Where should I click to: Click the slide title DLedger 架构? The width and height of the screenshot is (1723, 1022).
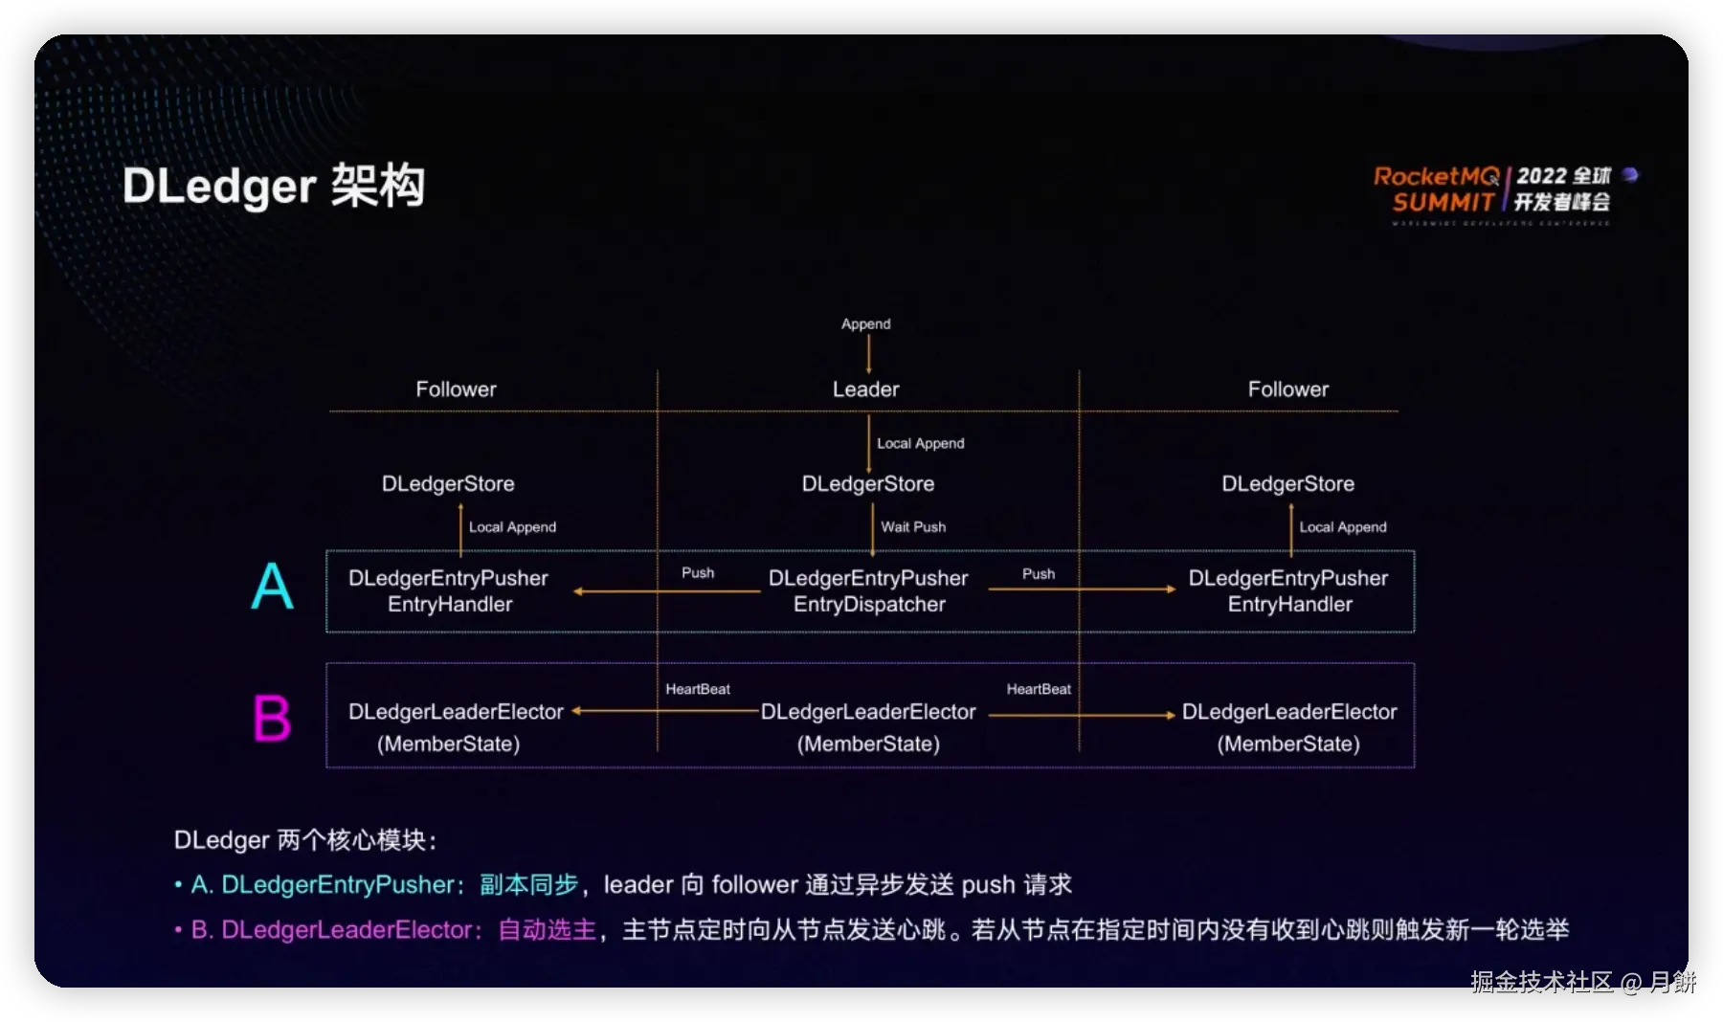pos(274,186)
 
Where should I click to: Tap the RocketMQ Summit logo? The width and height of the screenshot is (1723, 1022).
pos(1502,189)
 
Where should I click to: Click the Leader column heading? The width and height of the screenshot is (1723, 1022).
pos(865,389)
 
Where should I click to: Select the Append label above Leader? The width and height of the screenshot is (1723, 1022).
pos(865,324)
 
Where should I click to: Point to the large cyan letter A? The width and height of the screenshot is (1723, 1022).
pos(272,587)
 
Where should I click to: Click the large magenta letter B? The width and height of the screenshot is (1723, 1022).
pos(272,719)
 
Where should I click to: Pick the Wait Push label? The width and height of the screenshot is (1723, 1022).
pos(913,527)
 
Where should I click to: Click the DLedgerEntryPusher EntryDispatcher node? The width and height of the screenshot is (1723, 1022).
pos(868,591)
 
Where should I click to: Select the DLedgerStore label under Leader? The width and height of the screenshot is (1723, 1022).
pos(867,484)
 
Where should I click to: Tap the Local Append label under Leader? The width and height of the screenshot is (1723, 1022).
pos(920,444)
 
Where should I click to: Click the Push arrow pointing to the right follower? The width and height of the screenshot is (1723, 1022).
pos(1082,589)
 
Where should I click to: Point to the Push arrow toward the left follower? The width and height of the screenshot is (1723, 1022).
pos(667,591)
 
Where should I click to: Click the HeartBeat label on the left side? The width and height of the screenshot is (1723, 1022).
pos(698,689)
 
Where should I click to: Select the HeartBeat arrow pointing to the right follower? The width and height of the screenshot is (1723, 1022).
pos(1082,715)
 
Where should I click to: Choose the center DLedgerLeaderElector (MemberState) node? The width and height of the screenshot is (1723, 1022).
pos(868,727)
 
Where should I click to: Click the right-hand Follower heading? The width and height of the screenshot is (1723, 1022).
pos(1287,389)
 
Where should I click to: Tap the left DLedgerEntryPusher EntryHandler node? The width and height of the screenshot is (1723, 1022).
pos(449,591)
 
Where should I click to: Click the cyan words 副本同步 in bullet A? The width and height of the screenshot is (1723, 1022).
pos(529,884)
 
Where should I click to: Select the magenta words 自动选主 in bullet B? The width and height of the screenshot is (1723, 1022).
pos(548,929)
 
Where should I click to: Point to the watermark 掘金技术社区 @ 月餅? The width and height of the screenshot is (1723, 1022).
pos(1582,982)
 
